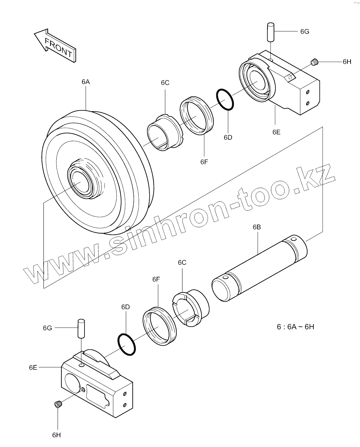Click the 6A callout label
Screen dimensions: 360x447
(85, 82)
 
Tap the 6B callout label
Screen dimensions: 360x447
(256, 227)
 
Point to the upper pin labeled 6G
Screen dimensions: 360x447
(271, 32)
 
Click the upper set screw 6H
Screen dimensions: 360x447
(315, 62)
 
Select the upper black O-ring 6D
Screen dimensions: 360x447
(224, 99)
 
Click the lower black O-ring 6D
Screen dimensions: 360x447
(126, 344)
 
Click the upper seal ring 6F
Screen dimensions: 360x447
(197, 116)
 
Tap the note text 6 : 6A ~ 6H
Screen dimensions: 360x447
(295, 327)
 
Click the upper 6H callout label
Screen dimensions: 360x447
(347, 62)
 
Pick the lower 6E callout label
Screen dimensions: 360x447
(33, 367)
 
